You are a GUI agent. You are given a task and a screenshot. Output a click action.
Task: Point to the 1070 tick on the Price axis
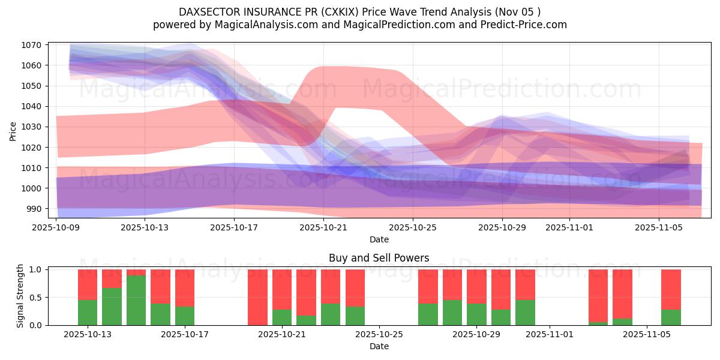[x=31, y=45]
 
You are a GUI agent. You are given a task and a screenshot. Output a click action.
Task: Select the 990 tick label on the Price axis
[x=33, y=209]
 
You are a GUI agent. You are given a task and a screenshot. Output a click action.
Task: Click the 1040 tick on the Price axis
[x=31, y=106]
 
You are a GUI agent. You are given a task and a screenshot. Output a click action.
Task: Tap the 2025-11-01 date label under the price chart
[x=569, y=228]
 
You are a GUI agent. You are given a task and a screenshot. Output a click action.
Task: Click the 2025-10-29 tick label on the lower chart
[x=476, y=334]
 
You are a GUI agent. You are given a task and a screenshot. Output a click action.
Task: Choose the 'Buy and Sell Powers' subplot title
[x=379, y=258]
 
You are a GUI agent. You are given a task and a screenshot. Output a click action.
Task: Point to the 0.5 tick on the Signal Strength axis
[x=35, y=297]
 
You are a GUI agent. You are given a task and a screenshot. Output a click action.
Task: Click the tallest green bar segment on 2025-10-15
[x=136, y=301]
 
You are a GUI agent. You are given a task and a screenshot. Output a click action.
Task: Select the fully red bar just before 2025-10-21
[x=257, y=297]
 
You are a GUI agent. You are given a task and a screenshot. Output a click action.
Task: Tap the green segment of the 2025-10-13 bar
[x=88, y=312]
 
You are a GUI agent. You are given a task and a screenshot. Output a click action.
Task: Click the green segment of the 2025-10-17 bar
[x=185, y=316]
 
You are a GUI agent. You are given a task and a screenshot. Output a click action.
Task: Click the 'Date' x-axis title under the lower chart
[x=379, y=346]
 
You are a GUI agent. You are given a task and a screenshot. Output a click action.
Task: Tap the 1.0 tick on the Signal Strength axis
[x=35, y=269]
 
